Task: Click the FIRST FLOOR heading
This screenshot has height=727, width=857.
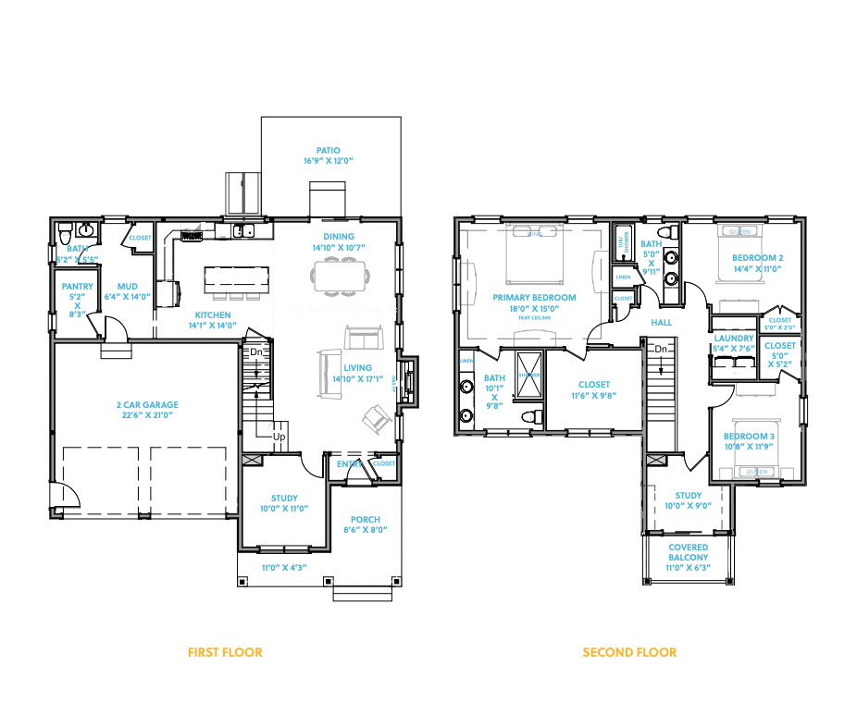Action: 225,652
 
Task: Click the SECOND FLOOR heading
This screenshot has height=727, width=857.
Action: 629,652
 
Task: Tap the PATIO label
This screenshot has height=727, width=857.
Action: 328,150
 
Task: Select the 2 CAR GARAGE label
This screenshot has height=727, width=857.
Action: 147,404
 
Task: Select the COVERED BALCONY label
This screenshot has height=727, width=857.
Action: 689,552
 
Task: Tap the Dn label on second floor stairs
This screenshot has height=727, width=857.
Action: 661,350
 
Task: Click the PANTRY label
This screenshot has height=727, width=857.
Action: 78,287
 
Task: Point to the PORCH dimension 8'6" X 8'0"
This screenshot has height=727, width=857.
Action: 365,530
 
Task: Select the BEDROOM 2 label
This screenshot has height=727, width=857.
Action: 758,257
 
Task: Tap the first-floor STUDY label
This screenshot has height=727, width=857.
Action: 284,498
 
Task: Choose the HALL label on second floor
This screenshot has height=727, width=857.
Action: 661,322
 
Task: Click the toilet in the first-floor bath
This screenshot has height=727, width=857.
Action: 65,231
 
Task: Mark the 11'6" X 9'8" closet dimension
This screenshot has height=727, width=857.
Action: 593,395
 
